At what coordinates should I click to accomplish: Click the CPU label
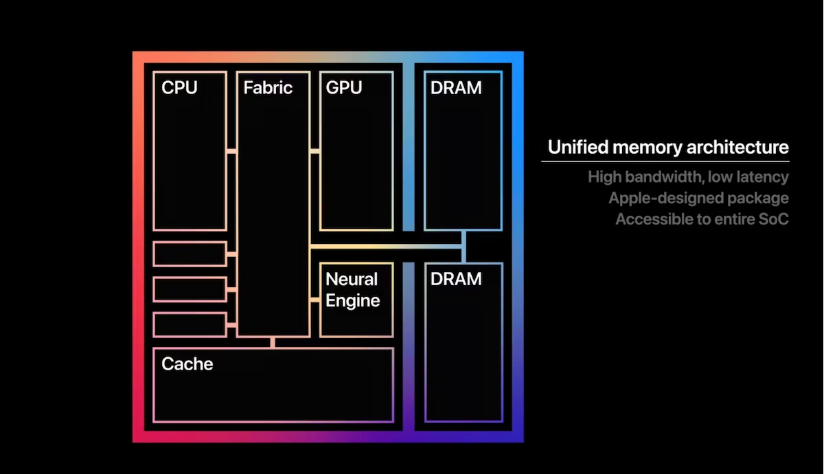(x=179, y=88)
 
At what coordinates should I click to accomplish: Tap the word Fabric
(x=268, y=88)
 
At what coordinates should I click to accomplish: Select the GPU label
(x=344, y=88)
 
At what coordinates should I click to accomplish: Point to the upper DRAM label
(x=456, y=88)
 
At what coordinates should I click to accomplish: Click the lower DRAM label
(x=456, y=279)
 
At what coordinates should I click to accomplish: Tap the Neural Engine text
(x=352, y=290)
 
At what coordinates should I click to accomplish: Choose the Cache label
(x=187, y=363)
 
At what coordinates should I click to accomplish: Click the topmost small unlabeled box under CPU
(x=190, y=254)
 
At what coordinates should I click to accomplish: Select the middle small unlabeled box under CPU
(x=190, y=289)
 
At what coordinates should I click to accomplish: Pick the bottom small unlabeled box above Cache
(x=190, y=324)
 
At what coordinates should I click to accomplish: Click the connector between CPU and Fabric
(x=231, y=151)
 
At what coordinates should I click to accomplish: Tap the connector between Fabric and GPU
(x=314, y=151)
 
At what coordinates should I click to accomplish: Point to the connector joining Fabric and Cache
(x=273, y=342)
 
